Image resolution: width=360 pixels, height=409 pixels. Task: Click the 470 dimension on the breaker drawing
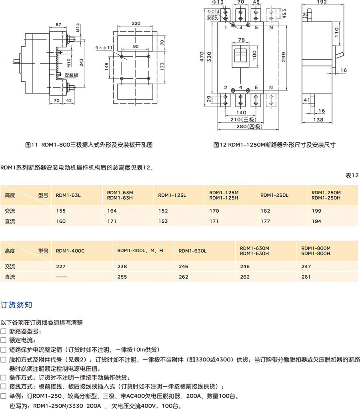tap(202, 57)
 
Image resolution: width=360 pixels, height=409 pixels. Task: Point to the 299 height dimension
tap(284, 57)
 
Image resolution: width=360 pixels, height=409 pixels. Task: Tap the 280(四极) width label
tap(249, 126)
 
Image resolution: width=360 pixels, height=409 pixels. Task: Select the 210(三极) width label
tap(243, 120)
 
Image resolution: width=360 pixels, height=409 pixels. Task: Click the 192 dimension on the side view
tap(322, 2)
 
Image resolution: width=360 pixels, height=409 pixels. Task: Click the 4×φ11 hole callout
tap(104, 48)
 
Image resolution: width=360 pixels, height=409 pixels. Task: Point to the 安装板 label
tap(71, 75)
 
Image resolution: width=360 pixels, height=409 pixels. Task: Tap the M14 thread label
tap(78, 28)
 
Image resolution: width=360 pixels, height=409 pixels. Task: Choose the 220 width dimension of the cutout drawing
tap(136, 24)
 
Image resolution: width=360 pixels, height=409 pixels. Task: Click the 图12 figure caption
tap(274, 145)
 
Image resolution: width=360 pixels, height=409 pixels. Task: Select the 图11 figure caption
tap(89, 145)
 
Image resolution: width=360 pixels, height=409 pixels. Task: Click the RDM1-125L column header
tap(172, 195)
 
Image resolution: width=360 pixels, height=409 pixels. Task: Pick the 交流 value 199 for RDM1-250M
tap(316, 211)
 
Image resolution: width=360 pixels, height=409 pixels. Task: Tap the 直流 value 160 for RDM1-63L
tap(61, 221)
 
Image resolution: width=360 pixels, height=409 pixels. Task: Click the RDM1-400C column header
tap(70, 251)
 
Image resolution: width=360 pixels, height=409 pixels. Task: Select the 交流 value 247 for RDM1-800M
tap(306, 266)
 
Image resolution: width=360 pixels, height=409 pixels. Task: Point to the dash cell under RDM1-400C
tap(61, 277)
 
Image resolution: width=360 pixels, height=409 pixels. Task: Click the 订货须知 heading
tap(16, 305)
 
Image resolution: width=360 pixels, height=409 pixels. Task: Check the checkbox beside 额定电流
tap(3, 340)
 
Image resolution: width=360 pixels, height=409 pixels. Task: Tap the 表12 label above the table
tap(352, 176)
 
